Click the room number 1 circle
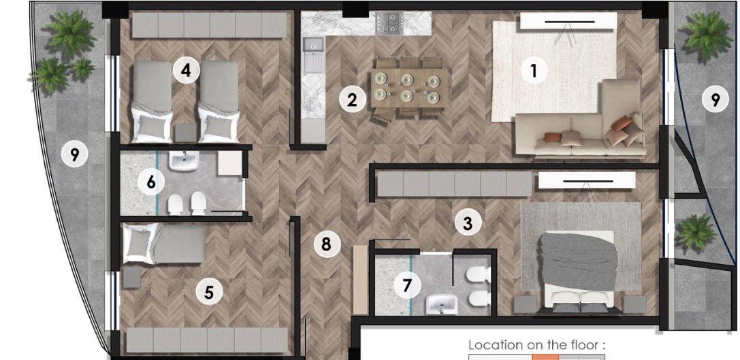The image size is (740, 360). tap(534, 71)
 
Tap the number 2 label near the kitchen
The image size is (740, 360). tap(352, 100)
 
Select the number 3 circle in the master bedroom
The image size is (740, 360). tap(467, 223)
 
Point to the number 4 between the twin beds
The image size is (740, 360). tap(186, 70)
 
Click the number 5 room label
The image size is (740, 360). tap(209, 292)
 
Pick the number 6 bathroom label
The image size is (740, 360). tap(150, 182)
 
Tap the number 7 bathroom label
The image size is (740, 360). tap(407, 284)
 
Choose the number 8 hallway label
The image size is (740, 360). tap(327, 244)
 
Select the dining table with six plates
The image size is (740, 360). tap(408, 88)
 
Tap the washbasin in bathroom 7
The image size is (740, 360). tap(442, 304)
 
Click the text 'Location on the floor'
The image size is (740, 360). tap(536, 345)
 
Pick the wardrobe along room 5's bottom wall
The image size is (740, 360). tap(207, 340)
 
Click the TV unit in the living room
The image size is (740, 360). tap(568, 21)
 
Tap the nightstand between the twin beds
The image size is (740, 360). tap(185, 133)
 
